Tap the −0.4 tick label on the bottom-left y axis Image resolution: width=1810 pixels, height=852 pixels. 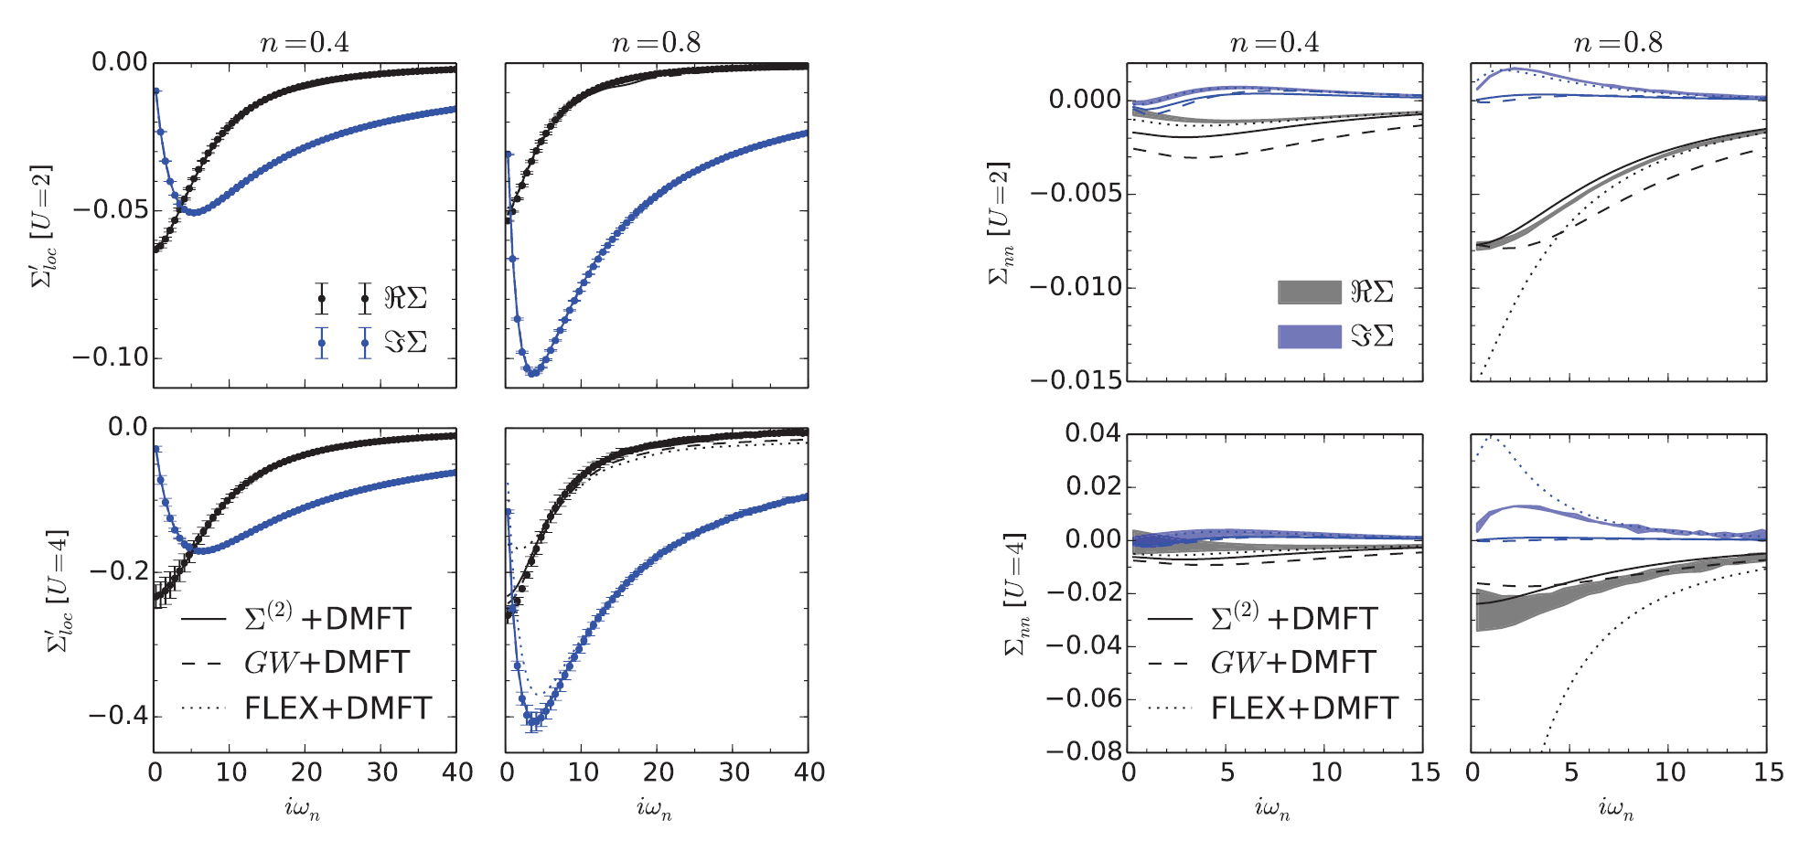point(118,716)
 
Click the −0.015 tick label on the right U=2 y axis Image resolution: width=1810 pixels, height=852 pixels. point(1076,380)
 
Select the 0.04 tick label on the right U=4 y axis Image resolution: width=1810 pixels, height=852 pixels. point(1092,433)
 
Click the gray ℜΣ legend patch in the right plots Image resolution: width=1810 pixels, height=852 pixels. point(1309,293)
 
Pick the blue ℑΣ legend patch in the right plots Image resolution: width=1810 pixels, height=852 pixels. point(1309,336)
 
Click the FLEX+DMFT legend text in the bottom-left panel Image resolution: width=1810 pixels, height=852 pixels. point(337,708)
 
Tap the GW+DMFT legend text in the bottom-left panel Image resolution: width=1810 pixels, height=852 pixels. point(326,663)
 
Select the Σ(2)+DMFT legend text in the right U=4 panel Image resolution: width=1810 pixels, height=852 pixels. point(1293,618)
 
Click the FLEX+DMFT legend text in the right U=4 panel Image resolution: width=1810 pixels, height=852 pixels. point(1304,708)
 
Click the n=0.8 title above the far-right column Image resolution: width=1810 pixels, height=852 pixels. point(1617,43)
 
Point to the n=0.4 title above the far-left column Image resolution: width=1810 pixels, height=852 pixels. point(304,43)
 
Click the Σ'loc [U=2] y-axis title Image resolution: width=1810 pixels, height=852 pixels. point(42,226)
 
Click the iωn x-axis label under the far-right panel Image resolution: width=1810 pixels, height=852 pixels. point(1616,808)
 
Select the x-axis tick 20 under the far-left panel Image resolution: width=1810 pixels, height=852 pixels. point(305,773)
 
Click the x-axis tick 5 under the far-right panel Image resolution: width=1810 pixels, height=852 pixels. point(1570,773)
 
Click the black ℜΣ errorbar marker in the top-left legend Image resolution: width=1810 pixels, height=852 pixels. point(322,298)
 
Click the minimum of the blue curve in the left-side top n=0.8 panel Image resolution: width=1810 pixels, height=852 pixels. point(533,373)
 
